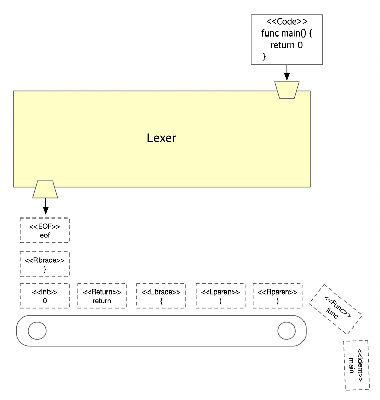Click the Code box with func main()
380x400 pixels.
pos(287,40)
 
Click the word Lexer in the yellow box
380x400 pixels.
pos(162,138)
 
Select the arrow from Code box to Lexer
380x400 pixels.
pos(287,72)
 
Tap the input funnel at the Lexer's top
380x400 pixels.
pos(287,90)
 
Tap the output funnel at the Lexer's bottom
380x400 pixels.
pos(45,190)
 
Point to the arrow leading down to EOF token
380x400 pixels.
pos(46,206)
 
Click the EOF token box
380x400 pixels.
pos(45,230)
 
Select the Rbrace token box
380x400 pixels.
pos(45,264)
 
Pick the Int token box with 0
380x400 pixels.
pos(45,296)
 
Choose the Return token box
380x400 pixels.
pos(102,296)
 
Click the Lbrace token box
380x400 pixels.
pos(161,296)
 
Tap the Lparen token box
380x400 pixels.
pos(220,296)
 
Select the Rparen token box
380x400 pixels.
pos(278,296)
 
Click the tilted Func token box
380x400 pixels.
pos(335,309)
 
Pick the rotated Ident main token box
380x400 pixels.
pos(357,365)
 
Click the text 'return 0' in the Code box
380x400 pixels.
pos(287,45)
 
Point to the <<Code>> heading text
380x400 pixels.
pos(287,22)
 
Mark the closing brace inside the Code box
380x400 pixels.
pos(264,56)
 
